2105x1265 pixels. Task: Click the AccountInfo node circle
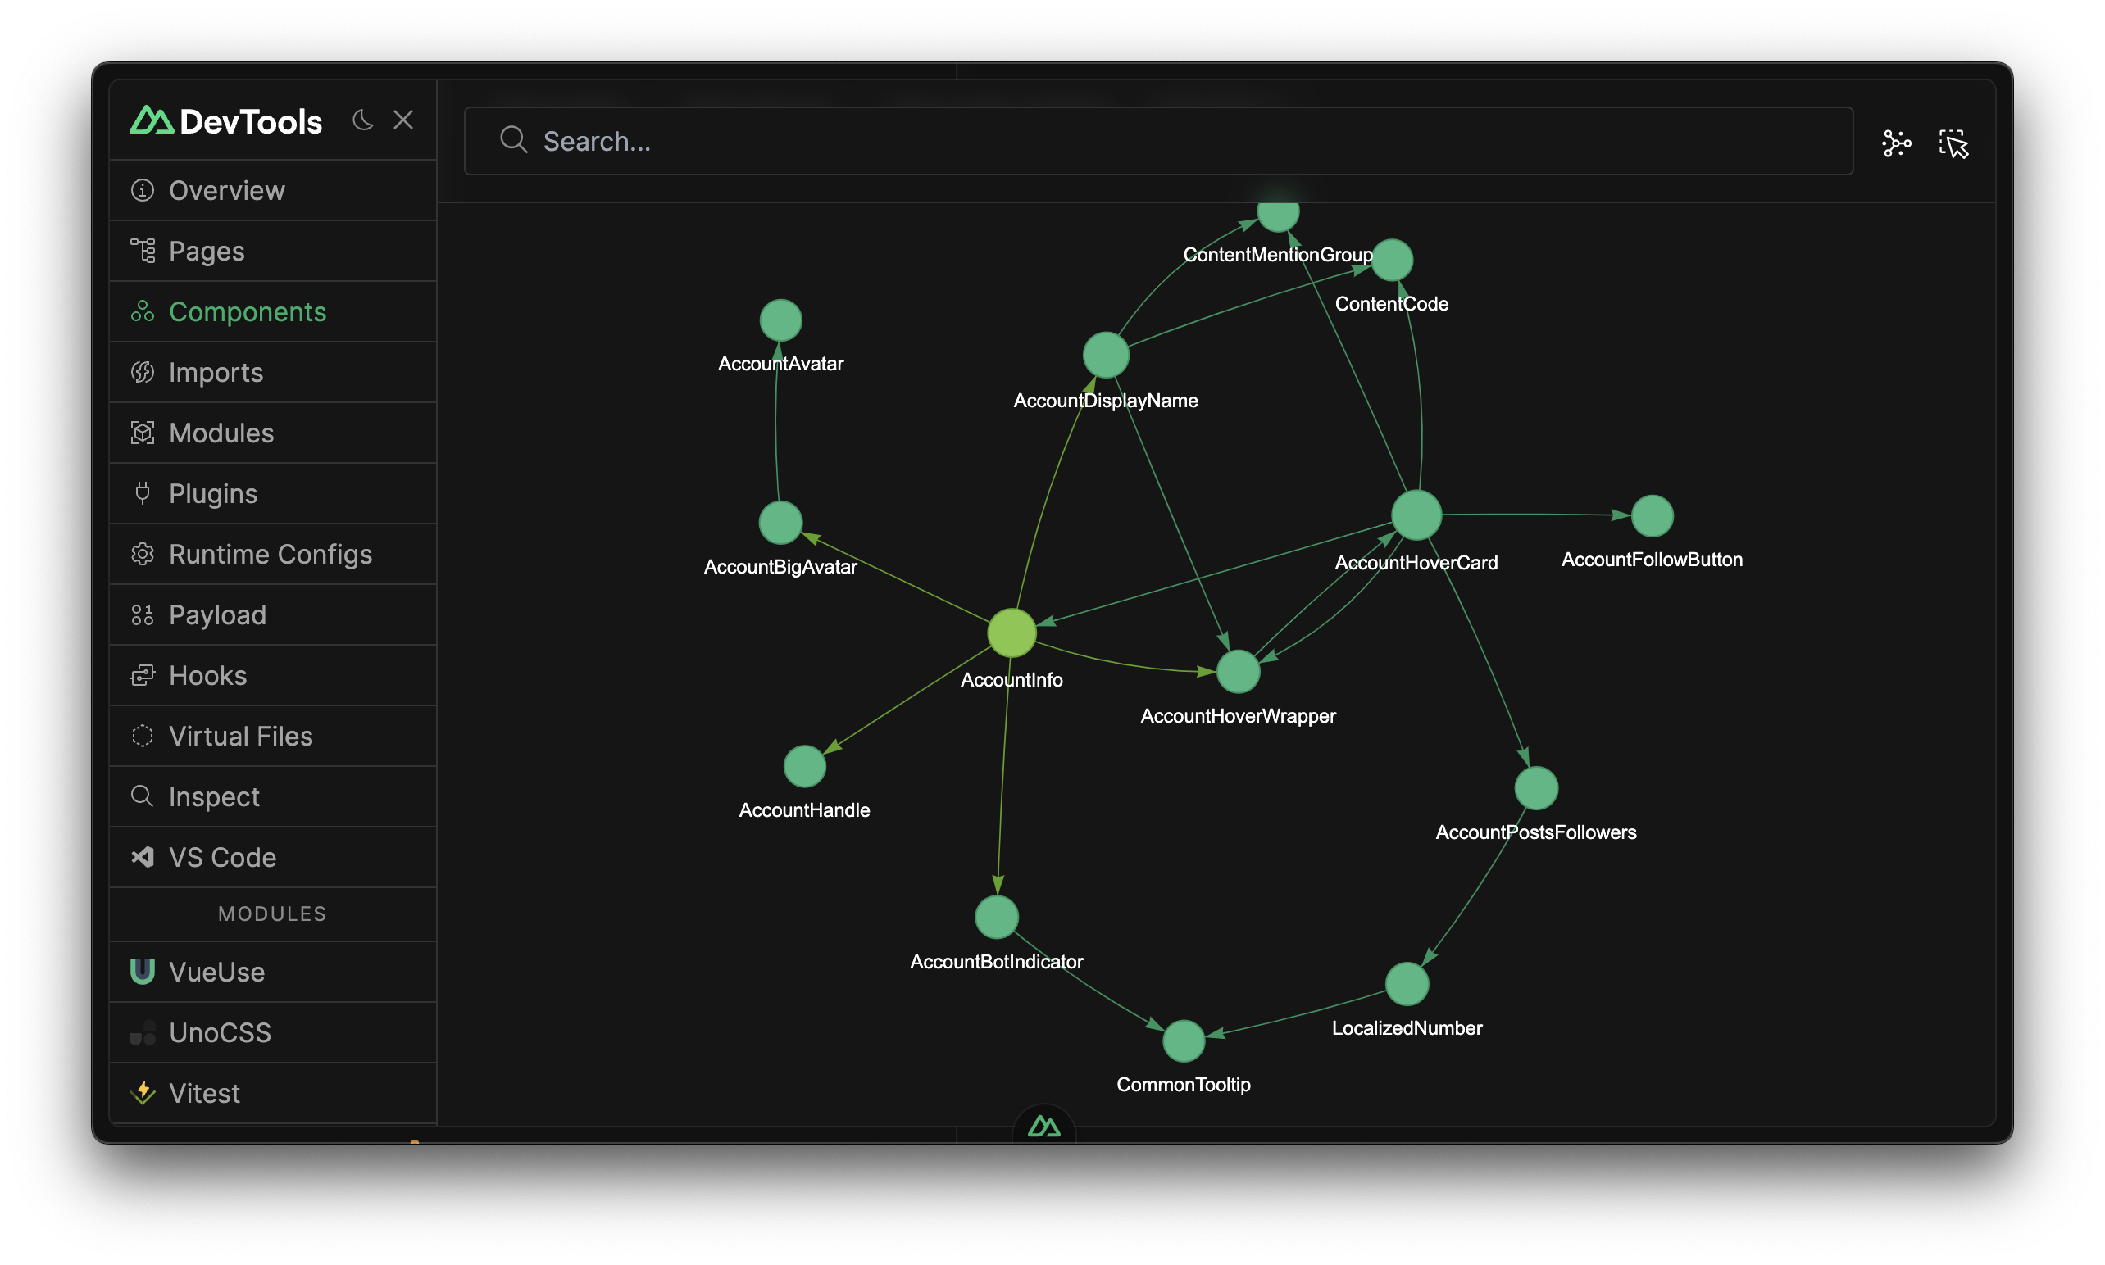[1012, 632]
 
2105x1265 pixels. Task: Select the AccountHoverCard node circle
[1416, 515]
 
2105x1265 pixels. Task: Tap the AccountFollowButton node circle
[1652, 515]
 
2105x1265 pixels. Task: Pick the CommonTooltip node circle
[1184, 1040]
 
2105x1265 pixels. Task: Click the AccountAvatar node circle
[780, 320]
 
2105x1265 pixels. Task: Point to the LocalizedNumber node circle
[1407, 984]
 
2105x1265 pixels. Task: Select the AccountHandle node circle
[804, 765]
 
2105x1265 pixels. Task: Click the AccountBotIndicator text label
[996, 962]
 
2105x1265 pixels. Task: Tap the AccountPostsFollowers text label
[1535, 832]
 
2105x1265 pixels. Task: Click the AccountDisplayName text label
[1105, 401]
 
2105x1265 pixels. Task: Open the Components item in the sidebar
[248, 312]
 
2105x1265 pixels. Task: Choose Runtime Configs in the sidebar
[270, 554]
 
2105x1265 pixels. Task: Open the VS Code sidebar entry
[221, 858]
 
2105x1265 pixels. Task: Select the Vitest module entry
[204, 1093]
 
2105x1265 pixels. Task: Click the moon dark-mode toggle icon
[362, 120]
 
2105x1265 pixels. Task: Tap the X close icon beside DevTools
[403, 120]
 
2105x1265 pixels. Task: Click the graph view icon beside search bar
[1896, 143]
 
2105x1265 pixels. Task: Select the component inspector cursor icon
[1953, 143]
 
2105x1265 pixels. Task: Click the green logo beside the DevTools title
[152, 120]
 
